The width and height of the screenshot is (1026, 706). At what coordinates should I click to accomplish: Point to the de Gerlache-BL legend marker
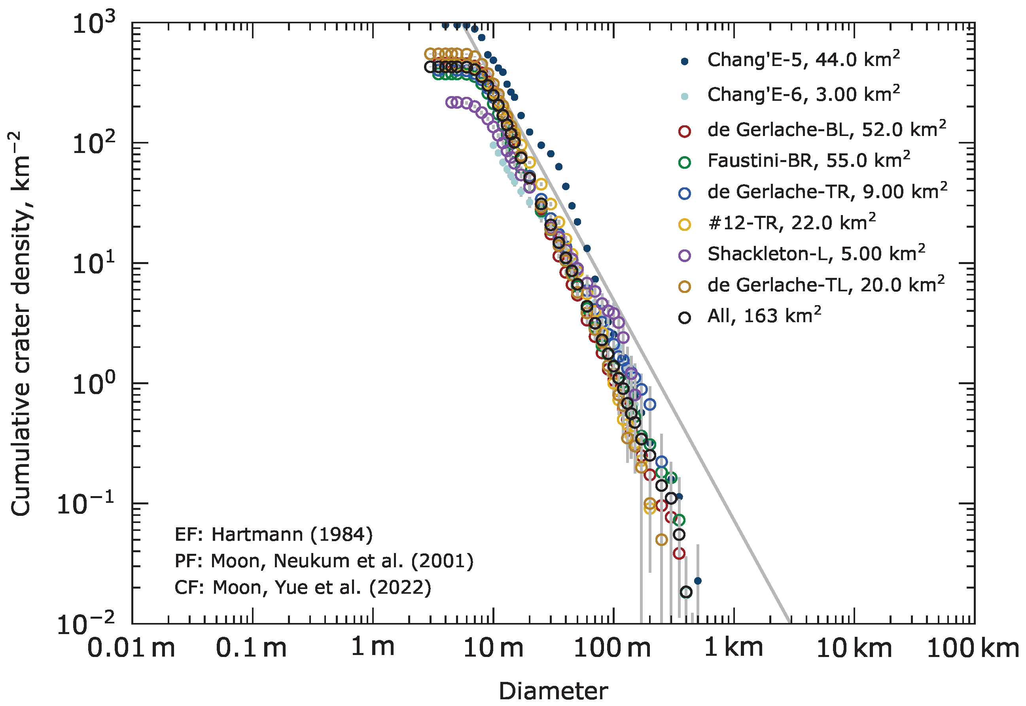tap(684, 131)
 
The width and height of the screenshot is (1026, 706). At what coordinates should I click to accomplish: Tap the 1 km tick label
tap(733, 648)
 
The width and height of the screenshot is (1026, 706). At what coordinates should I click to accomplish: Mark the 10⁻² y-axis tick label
tap(86, 624)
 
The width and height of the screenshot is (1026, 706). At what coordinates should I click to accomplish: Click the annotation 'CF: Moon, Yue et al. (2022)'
tap(302, 588)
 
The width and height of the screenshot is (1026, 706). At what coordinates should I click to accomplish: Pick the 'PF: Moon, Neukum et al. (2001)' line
tap(324, 561)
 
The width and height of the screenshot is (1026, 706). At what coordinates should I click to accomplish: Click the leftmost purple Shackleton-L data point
tap(451, 102)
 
